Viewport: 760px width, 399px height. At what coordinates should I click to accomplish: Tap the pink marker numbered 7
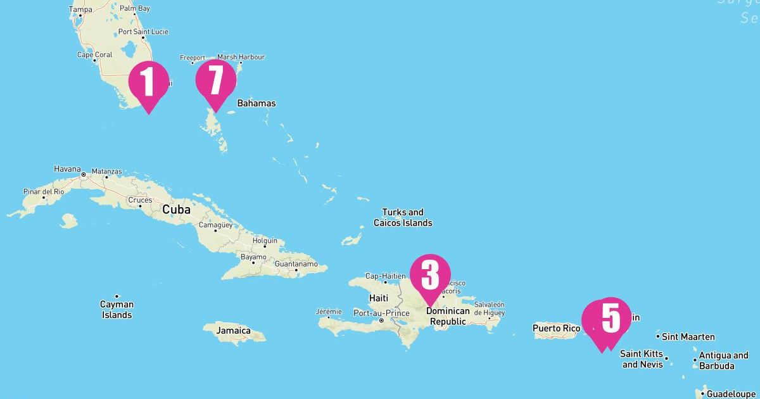click(x=215, y=80)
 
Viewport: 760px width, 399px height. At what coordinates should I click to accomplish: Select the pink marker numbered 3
click(x=430, y=275)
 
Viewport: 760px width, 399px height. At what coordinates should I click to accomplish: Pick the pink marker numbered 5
click(x=611, y=318)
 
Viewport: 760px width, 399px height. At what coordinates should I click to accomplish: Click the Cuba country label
click(x=177, y=209)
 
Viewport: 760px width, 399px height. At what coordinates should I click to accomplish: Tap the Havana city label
click(x=67, y=169)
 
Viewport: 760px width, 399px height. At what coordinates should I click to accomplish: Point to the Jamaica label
click(x=233, y=331)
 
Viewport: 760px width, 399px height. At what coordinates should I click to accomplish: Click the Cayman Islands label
click(x=117, y=310)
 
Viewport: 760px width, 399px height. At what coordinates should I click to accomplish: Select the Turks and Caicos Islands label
click(x=403, y=217)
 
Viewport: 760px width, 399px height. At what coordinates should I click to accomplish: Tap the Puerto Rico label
click(x=556, y=328)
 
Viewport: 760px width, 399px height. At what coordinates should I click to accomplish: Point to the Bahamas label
click(x=256, y=103)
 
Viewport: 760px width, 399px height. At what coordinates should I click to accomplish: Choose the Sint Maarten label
click(x=688, y=337)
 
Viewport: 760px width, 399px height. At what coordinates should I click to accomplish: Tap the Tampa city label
click(x=80, y=9)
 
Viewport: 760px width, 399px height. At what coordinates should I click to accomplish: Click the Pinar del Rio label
click(x=44, y=191)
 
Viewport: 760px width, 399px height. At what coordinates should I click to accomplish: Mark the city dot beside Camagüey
click(x=215, y=231)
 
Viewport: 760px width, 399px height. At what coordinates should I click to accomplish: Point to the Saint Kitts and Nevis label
click(x=642, y=359)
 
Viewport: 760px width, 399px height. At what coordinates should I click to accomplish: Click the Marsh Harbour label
click(x=241, y=57)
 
